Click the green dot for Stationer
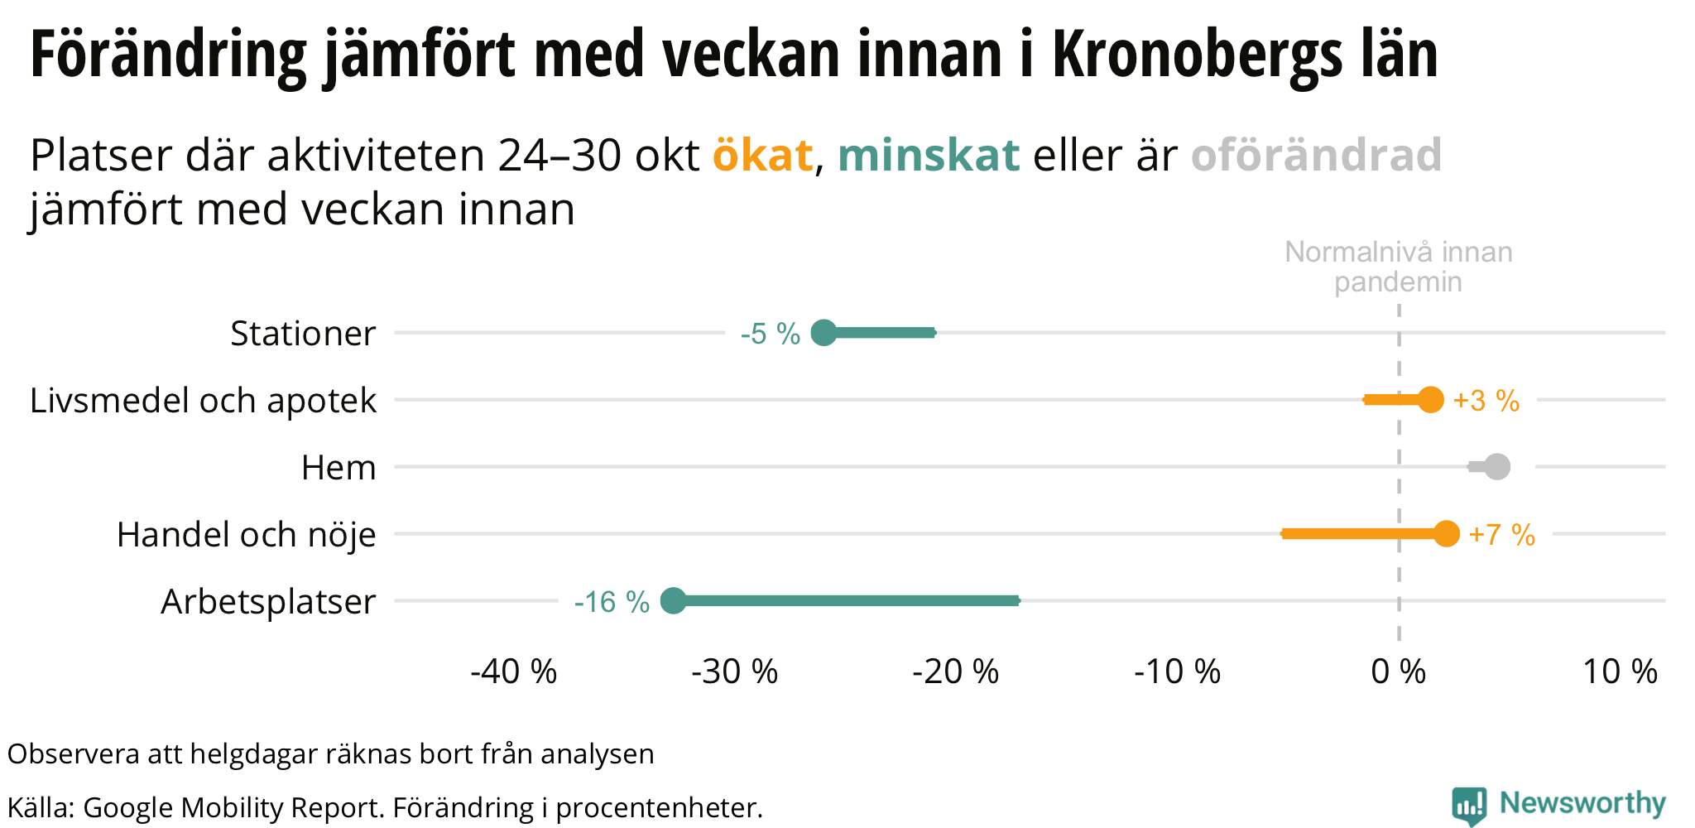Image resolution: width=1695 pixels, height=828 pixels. (823, 333)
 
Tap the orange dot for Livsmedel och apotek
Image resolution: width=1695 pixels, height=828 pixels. (1430, 400)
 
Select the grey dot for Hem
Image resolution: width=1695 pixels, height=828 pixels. (1496, 467)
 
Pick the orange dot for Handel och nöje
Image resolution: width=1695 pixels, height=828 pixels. (1446, 534)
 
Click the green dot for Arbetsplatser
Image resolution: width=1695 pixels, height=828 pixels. (674, 601)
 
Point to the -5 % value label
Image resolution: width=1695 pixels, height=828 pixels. (770, 335)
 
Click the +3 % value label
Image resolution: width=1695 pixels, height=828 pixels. (1486, 402)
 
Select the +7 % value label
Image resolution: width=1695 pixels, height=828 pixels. (1501, 536)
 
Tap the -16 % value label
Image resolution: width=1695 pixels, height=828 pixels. (612, 603)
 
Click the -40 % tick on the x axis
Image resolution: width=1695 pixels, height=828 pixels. (513, 672)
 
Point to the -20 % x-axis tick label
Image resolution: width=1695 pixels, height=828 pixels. (955, 672)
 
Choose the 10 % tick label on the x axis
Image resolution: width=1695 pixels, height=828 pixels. (1620, 672)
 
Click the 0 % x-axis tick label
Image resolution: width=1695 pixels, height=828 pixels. (1398, 672)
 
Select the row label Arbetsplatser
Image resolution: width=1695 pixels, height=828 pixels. (268, 602)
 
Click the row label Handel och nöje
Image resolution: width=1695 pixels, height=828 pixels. (247, 535)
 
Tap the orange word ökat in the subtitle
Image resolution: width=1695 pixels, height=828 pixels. (762, 155)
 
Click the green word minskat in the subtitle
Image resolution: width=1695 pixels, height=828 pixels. (928, 155)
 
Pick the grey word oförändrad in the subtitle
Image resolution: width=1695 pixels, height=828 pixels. (1316, 155)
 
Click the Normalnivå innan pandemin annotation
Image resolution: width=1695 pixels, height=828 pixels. (1398, 267)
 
